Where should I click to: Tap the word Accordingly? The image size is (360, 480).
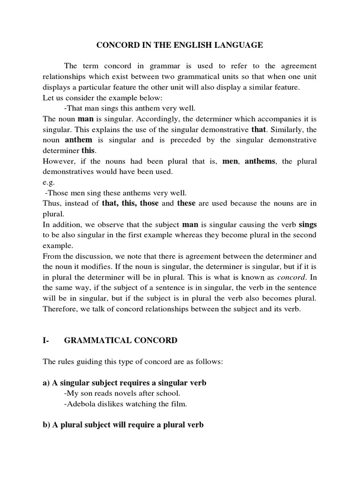coord(124,119)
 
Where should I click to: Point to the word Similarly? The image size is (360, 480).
coord(293,129)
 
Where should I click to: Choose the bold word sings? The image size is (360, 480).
coord(307,224)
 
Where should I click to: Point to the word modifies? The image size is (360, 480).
coord(93,267)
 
